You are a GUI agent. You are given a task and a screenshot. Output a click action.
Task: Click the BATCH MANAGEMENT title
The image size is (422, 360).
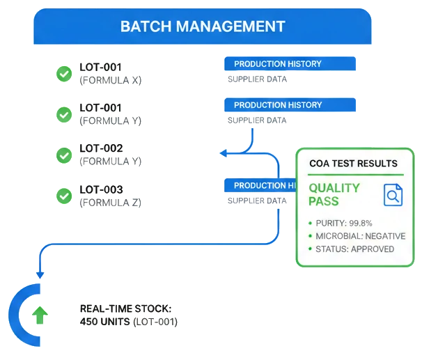[203, 26]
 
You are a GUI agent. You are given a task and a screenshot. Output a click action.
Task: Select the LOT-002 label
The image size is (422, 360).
[101, 148]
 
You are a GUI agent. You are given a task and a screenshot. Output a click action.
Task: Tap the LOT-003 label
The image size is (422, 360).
[101, 189]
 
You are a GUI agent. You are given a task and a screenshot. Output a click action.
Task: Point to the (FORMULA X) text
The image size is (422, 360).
[111, 80]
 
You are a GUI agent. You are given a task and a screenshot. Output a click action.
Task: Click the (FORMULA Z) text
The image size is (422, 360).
[111, 203]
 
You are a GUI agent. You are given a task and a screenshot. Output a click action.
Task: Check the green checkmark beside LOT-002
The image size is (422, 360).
[64, 155]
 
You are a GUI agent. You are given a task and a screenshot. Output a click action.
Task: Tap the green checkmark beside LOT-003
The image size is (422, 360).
[64, 196]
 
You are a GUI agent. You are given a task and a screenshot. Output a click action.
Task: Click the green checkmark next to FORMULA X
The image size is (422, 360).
[64, 74]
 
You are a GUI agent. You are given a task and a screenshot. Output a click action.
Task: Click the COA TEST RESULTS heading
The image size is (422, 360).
[353, 164]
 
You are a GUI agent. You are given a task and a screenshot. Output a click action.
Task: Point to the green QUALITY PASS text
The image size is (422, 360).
[334, 194]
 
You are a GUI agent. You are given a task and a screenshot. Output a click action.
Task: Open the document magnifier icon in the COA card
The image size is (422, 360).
[393, 195]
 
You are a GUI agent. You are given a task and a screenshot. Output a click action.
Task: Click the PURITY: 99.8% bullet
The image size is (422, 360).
[343, 223]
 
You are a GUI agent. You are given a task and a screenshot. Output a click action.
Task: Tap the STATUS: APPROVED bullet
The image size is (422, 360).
[354, 249]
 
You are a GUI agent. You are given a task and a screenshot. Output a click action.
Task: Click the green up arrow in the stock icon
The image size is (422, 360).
[40, 315]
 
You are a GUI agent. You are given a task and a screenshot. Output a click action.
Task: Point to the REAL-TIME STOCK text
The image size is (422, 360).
[125, 308]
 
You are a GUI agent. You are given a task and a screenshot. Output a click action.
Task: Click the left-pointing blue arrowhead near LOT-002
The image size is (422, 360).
[222, 152]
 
